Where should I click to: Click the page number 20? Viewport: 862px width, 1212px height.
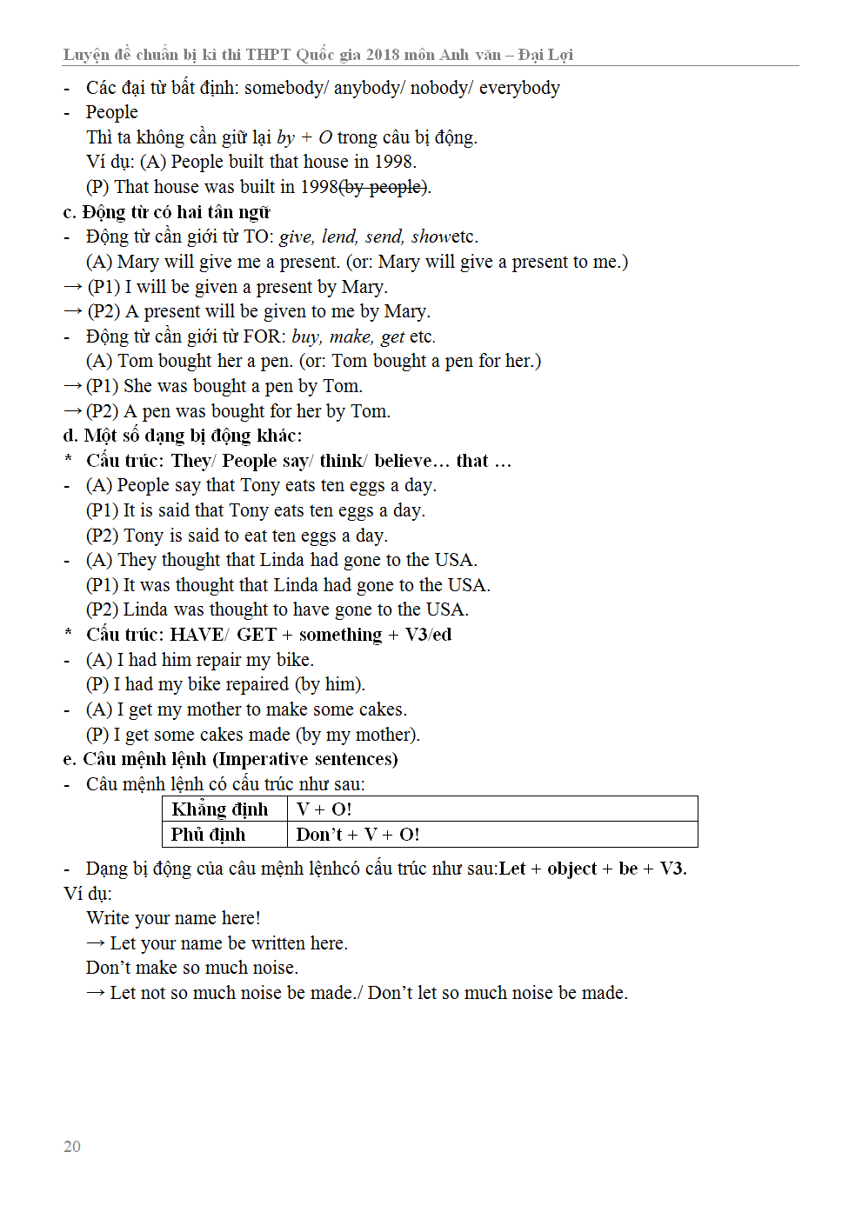pyautogui.click(x=72, y=1146)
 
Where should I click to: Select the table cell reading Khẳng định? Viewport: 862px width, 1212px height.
pyautogui.click(x=220, y=809)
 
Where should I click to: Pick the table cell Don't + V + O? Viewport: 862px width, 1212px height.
pyautogui.click(x=357, y=835)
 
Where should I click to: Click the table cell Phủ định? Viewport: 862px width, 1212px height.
pyautogui.click(x=209, y=835)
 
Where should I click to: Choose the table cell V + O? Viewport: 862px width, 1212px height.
pyautogui.click(x=324, y=809)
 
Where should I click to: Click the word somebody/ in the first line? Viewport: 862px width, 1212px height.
pyautogui.click(x=285, y=88)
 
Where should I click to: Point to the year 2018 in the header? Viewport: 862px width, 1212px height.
pyautogui.click(x=383, y=55)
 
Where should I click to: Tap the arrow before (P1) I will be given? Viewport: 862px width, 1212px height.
pyautogui.click(x=73, y=287)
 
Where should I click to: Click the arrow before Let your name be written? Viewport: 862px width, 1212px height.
pyautogui.click(x=96, y=943)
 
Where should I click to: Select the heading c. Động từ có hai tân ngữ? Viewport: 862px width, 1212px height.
pyautogui.click(x=166, y=212)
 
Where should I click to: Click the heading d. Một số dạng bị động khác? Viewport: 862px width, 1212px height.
pyautogui.click(x=182, y=436)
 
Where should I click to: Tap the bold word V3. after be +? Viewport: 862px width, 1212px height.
pyautogui.click(x=672, y=869)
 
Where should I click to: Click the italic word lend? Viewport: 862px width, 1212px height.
pyautogui.click(x=339, y=236)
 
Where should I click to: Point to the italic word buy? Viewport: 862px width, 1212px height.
pyautogui.click(x=306, y=336)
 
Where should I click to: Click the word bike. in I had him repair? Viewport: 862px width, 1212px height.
pyautogui.click(x=295, y=660)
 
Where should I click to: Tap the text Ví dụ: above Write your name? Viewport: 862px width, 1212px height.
pyautogui.click(x=87, y=894)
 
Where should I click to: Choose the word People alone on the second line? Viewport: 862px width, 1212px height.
pyautogui.click(x=111, y=112)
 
